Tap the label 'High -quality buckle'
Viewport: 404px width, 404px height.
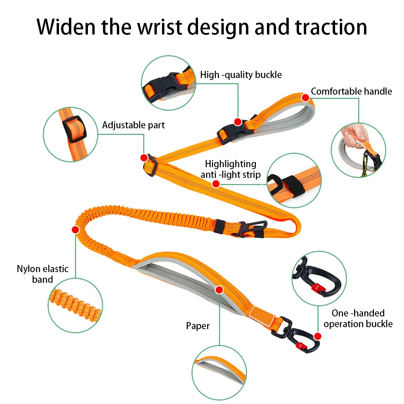pos(241,74)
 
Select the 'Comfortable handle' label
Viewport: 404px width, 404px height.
pos(351,91)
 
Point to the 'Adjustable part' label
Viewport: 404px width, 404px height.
pos(133,125)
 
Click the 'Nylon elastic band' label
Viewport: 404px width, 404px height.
pos(42,274)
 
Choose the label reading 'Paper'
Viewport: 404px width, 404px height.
pos(198,326)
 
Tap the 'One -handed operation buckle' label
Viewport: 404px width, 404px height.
pos(358,318)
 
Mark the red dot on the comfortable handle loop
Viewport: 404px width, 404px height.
pos(305,97)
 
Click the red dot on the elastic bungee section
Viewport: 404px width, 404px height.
pos(75,229)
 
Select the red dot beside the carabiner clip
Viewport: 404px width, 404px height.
pos(318,336)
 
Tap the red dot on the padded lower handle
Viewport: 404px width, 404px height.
pos(219,290)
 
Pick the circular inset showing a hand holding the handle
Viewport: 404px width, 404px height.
pos(358,150)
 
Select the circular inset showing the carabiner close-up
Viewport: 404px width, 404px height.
pos(319,278)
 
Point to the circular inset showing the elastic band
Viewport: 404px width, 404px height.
pos(75,305)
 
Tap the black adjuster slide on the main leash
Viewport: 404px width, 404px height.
pos(151,164)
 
